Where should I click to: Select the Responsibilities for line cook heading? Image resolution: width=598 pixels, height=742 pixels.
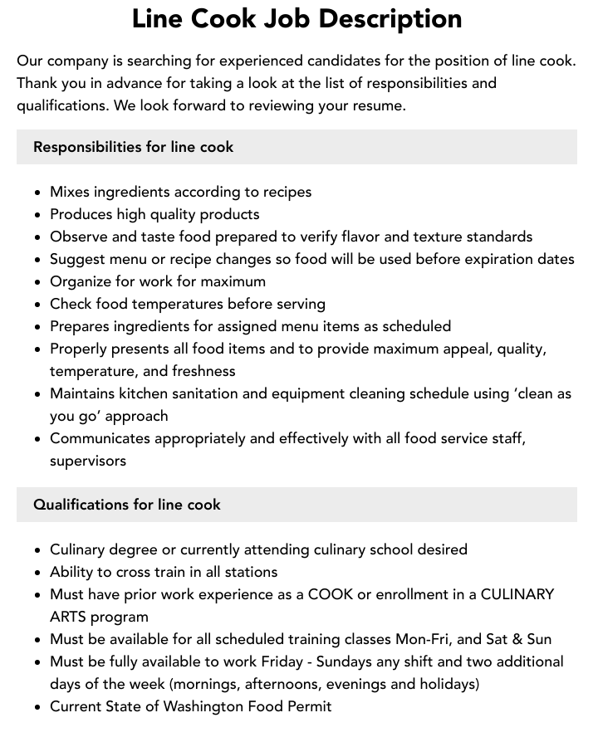[x=133, y=147]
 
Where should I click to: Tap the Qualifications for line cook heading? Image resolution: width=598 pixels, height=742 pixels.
[x=126, y=505]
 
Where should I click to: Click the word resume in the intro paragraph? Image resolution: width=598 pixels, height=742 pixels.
[x=379, y=105]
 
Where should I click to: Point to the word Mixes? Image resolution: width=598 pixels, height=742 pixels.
[x=70, y=192]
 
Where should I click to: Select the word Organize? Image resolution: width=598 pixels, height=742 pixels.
[x=81, y=281]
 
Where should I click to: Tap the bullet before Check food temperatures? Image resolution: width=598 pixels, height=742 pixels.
[x=37, y=305]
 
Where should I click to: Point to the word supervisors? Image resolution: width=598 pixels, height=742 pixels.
[x=88, y=461]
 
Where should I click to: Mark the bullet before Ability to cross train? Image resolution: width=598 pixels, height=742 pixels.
[x=37, y=573]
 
